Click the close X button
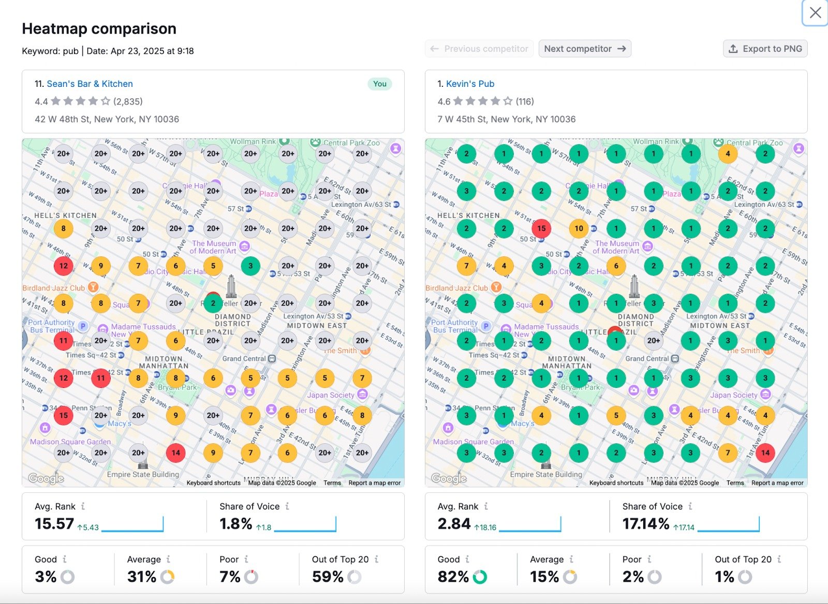click(x=815, y=13)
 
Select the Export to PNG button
click(x=765, y=49)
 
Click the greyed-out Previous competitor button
click(x=479, y=49)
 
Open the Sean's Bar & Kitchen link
click(x=90, y=84)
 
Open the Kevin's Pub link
click(x=470, y=84)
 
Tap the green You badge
click(x=380, y=84)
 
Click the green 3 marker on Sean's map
click(x=250, y=266)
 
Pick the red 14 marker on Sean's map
click(x=176, y=453)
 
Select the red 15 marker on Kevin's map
click(x=541, y=228)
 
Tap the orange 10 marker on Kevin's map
click(x=579, y=228)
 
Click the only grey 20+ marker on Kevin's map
click(x=654, y=340)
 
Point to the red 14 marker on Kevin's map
click(x=765, y=453)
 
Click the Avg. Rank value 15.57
click(x=54, y=524)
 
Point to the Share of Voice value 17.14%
click(x=646, y=524)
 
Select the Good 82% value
click(x=453, y=577)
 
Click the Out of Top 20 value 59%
click(x=328, y=577)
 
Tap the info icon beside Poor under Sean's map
click(x=246, y=560)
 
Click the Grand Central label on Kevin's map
click(x=647, y=358)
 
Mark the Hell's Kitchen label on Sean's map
click(x=65, y=216)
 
